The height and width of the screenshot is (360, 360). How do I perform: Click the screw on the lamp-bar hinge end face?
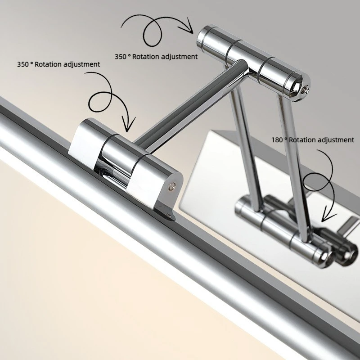[x=172, y=186]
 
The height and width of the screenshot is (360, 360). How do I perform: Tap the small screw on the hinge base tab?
[x=169, y=216]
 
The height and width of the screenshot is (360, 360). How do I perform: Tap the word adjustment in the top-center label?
[x=179, y=57]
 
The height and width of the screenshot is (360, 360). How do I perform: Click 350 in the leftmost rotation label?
[x=23, y=64]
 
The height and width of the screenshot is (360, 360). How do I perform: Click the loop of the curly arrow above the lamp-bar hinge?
[x=100, y=102]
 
